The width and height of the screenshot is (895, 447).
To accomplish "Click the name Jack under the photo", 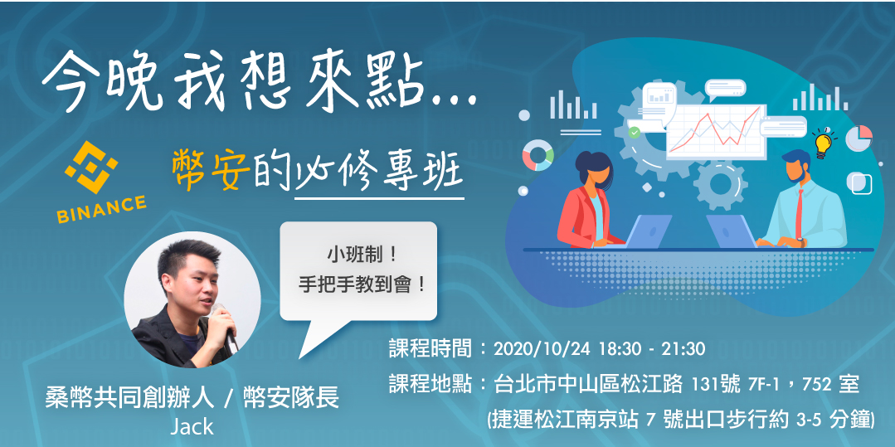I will pos(192,427).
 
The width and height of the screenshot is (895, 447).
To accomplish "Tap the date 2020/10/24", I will pos(536,348).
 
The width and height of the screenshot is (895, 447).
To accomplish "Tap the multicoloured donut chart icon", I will pos(537,155).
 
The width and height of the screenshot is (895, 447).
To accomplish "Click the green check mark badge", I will pos(635,132).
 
